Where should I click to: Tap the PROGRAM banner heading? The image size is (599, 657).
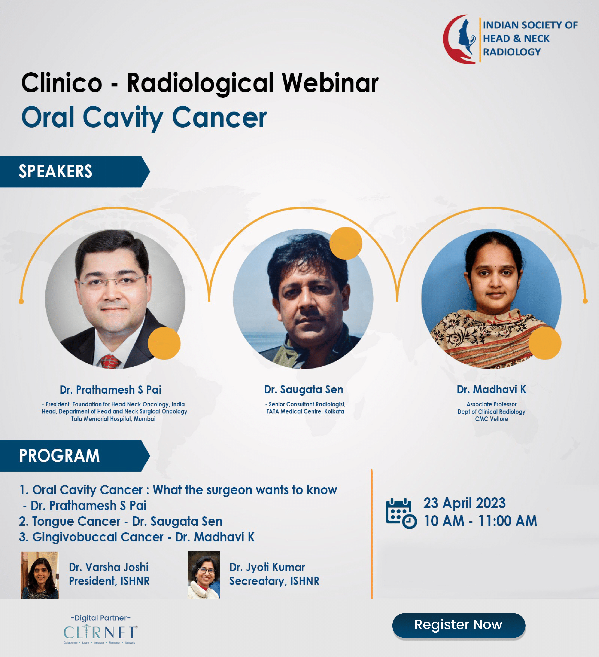(59, 456)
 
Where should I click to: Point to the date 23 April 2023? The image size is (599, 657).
(464, 503)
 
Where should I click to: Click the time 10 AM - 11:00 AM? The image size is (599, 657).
(480, 521)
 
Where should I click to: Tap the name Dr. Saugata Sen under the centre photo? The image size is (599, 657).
(304, 389)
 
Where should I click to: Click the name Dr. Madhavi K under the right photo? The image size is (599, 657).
(491, 389)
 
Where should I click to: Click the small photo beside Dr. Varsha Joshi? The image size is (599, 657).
(40, 575)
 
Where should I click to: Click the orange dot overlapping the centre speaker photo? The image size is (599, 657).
(346, 243)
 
